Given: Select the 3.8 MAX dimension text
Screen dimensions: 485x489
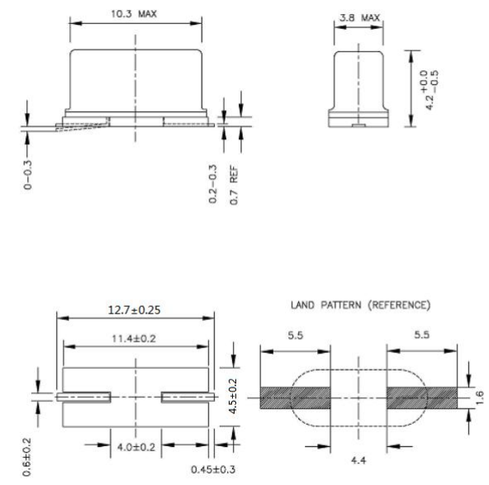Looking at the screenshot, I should (x=358, y=16).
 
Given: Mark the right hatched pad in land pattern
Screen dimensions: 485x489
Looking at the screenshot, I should (x=420, y=398).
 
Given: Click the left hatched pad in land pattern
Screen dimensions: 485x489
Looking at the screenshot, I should (x=295, y=398).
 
